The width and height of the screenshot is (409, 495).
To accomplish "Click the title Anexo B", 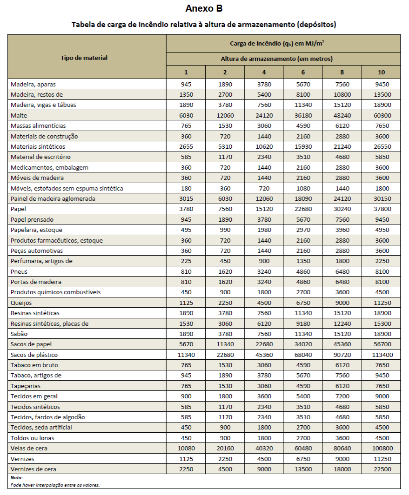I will click(x=204, y=8).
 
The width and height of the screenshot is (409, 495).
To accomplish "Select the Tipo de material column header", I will click(x=84, y=58).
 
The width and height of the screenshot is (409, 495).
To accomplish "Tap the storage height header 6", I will click(x=302, y=72).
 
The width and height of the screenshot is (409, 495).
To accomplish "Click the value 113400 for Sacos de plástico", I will click(x=381, y=355).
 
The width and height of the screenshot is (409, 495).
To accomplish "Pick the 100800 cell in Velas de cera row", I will click(x=381, y=449).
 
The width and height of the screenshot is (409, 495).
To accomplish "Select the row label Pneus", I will click(x=19, y=271).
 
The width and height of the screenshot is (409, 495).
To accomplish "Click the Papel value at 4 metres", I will click(x=263, y=209).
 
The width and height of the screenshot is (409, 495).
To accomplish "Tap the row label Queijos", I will click(x=21, y=303).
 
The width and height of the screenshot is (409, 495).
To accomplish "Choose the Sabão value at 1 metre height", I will click(x=186, y=334).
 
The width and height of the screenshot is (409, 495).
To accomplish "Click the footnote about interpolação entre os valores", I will click(x=55, y=485).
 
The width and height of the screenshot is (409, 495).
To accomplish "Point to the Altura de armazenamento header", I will click(x=283, y=59).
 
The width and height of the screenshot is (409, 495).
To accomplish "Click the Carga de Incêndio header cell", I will click(x=283, y=43).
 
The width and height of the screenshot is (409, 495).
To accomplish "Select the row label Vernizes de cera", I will click(x=34, y=469).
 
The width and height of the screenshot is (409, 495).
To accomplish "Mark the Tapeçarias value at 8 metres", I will click(x=342, y=386).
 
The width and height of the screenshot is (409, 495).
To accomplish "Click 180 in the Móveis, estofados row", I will click(x=186, y=188).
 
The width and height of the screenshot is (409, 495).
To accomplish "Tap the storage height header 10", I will click(x=381, y=72).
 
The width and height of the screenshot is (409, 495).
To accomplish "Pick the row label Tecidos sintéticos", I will click(x=35, y=407).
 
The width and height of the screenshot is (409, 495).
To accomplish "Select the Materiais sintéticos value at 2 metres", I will click(x=225, y=146).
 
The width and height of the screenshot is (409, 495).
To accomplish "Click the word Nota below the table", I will click(x=17, y=478).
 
